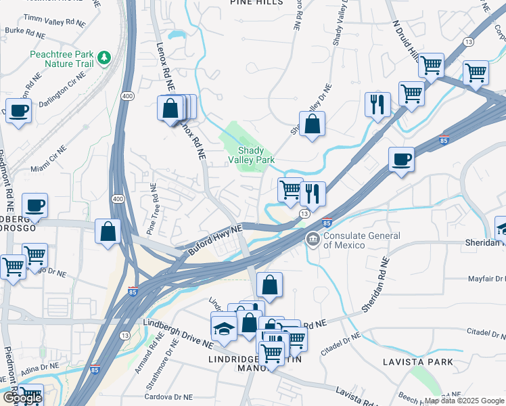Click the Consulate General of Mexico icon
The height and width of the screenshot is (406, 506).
click(x=313, y=238)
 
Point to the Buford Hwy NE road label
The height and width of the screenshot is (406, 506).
click(x=214, y=241)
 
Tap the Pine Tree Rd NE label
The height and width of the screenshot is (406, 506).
click(x=153, y=204)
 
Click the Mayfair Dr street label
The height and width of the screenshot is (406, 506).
click(x=486, y=279)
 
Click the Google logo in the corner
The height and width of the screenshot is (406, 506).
click(x=22, y=398)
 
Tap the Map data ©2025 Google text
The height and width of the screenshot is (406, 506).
click(x=464, y=401)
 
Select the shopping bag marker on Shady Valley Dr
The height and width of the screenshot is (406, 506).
click(x=311, y=124)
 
